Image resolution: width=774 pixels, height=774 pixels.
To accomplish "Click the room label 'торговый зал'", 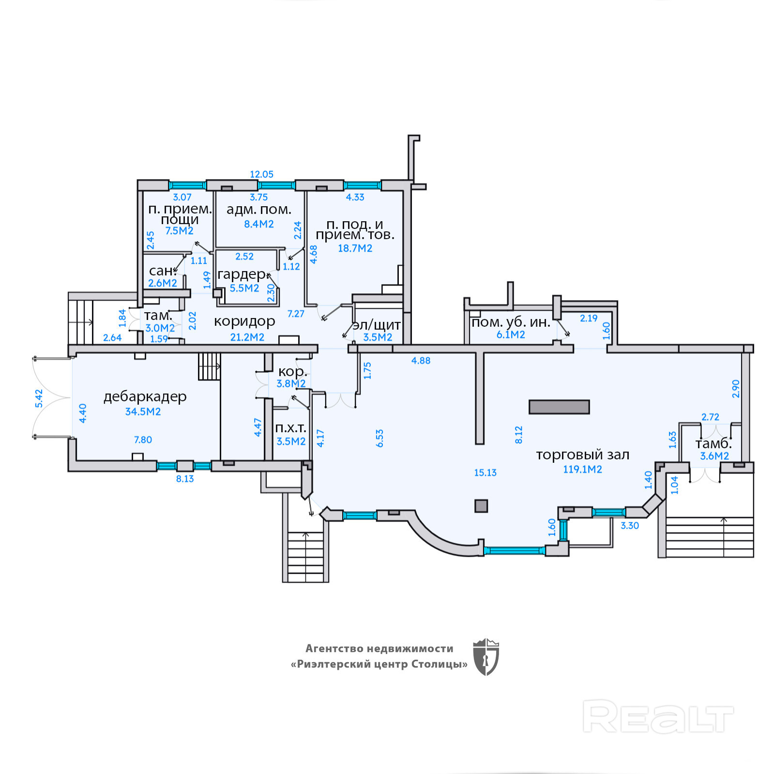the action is tap(582, 455).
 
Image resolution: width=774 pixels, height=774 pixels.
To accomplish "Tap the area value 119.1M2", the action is tap(582, 469).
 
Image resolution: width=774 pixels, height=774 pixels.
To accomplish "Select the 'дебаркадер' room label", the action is tap(145, 397).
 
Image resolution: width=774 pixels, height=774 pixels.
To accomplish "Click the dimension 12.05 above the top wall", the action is tap(261, 174).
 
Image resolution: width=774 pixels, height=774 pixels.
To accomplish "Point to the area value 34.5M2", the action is tap(143, 411).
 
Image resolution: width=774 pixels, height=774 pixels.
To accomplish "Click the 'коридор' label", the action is tap(244, 321).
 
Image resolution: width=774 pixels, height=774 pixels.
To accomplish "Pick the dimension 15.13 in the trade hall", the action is tap(485, 472).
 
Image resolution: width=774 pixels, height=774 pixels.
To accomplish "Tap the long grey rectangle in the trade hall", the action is tap(559, 407).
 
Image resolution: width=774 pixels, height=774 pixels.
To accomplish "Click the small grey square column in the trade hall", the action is tap(481, 506).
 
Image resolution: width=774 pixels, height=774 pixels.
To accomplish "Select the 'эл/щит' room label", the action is tap(377, 325).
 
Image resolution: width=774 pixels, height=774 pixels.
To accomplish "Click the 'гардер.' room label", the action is tap(243, 274).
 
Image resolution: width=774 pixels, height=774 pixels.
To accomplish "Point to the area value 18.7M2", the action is tap(355, 248).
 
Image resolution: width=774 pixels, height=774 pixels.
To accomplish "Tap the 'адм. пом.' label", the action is tap(259, 210).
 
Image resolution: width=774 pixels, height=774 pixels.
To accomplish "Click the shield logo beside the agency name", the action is tap(486, 656).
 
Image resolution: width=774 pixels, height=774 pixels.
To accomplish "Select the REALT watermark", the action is tap(658, 716).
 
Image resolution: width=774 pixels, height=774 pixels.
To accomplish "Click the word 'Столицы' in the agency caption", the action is tap(439, 664).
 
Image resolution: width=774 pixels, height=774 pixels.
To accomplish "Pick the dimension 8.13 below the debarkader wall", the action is tap(185, 479).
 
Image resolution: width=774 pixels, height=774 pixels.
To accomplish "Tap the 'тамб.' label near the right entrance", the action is tap(713, 443).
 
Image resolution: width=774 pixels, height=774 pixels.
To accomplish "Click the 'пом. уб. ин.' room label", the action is tap(511, 322).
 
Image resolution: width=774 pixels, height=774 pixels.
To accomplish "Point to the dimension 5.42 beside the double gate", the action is tap(39, 398).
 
